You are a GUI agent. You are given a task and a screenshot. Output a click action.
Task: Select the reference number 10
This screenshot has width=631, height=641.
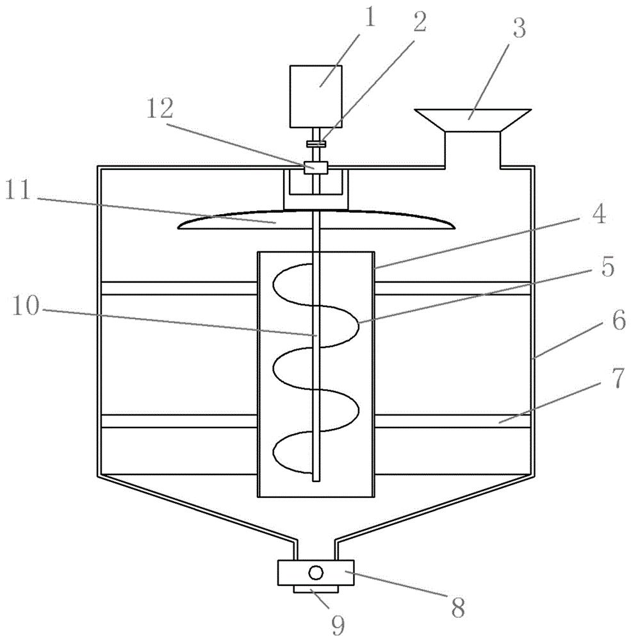coord(29,310)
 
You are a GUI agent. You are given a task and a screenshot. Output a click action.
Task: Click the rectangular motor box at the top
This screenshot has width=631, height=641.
coord(316,96)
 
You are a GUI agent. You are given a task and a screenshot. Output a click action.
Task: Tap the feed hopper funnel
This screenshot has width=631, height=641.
coord(472,120)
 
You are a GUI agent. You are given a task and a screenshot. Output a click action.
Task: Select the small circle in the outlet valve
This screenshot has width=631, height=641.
coord(315,571)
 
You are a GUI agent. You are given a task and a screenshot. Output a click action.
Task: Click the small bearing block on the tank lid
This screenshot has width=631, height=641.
coord(315,167)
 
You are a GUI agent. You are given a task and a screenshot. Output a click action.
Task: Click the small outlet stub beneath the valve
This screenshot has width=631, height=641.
coord(315,588)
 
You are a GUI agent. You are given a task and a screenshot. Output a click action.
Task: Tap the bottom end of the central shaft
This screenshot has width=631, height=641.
coord(316,479)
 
